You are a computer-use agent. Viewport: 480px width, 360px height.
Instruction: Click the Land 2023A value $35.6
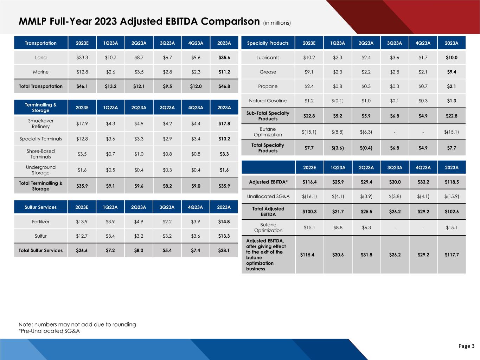[x=224, y=58]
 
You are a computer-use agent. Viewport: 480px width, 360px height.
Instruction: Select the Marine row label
[x=41, y=72]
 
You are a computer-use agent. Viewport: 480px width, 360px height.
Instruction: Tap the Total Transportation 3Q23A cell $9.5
[x=167, y=86]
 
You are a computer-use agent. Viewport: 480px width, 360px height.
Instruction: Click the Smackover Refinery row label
[x=41, y=124]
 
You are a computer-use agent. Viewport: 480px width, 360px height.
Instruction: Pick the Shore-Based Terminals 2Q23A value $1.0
[x=139, y=154]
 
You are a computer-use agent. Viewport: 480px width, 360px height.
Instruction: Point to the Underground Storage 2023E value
[x=82, y=170]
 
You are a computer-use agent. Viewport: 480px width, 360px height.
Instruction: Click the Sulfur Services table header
[x=41, y=207]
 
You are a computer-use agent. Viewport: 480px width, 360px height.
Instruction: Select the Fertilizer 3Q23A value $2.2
[x=167, y=222]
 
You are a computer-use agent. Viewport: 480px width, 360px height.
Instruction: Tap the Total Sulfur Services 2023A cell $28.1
[x=224, y=251]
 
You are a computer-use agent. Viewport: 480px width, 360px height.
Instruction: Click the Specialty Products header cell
[x=268, y=43]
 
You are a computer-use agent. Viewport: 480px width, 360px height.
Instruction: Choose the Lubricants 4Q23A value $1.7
[x=423, y=58]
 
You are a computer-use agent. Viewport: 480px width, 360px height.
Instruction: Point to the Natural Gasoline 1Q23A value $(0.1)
[x=338, y=101]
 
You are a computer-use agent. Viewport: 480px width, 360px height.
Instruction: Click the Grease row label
[x=268, y=72]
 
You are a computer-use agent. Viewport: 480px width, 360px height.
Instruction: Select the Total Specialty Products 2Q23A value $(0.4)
[x=366, y=148]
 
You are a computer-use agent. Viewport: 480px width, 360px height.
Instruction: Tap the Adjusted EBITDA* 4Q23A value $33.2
[x=423, y=182]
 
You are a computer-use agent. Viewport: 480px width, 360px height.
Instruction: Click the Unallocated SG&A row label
[x=268, y=197]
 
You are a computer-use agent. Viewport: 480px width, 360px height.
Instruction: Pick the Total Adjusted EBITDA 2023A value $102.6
[x=452, y=212]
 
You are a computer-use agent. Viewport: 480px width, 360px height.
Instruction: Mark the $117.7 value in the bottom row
[x=452, y=255]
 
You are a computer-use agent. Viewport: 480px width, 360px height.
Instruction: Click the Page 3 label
[x=466, y=346]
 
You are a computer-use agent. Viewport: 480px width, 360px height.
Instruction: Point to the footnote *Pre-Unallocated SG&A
[x=49, y=331]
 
